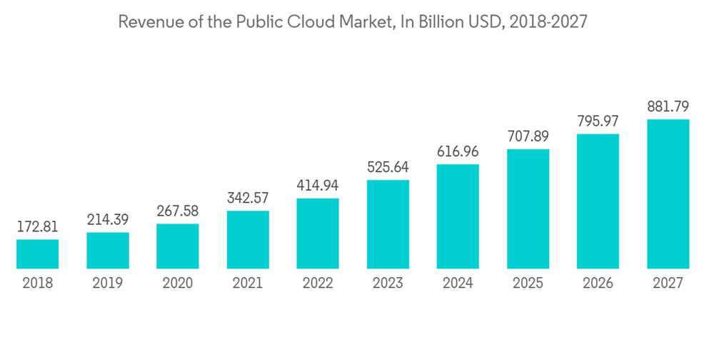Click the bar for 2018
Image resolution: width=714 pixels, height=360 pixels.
(x=38, y=254)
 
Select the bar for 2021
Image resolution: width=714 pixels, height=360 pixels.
(x=248, y=240)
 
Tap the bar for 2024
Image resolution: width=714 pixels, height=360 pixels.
(x=458, y=216)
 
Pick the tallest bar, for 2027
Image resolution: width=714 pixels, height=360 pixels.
(x=668, y=194)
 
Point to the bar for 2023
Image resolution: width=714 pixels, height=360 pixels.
(x=388, y=224)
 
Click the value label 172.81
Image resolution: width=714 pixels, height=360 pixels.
(x=38, y=227)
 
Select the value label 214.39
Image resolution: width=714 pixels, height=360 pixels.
(x=108, y=220)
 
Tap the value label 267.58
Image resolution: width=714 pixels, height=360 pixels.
(x=178, y=211)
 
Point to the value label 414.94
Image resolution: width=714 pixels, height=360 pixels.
(x=318, y=186)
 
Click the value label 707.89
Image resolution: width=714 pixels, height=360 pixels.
(x=528, y=136)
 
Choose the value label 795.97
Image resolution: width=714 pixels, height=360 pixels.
(x=598, y=121)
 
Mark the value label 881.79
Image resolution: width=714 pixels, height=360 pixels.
(x=668, y=107)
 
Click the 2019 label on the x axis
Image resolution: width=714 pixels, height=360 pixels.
(x=108, y=284)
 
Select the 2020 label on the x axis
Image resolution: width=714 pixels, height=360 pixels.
(x=178, y=284)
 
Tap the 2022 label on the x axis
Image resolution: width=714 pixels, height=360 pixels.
(x=318, y=284)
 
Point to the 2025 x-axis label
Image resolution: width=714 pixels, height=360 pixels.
(x=528, y=284)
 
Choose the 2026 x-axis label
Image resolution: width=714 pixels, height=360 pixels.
(x=598, y=284)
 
